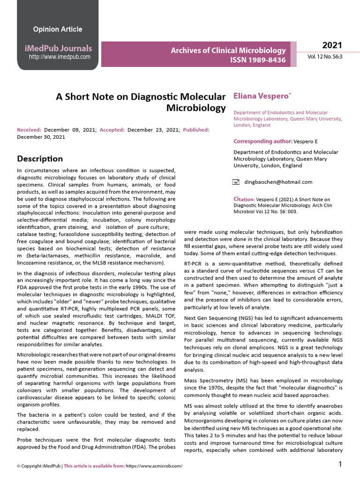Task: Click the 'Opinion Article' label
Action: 57,29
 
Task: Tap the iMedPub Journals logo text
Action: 58,48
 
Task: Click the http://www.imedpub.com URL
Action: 60,57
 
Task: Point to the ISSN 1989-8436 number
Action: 257,60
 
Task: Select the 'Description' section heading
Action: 40,158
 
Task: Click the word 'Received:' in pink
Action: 29,130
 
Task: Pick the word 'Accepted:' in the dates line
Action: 112,130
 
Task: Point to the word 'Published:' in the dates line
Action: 196,130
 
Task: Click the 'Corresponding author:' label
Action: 263,141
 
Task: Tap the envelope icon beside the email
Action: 237,182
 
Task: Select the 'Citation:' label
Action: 244,199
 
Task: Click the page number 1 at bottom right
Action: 340,464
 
